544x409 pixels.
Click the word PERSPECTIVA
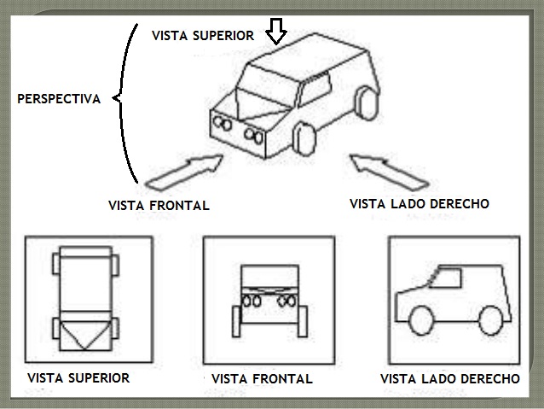(x=59, y=99)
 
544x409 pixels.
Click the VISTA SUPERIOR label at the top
(x=203, y=35)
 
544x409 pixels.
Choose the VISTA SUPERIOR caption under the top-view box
(x=78, y=377)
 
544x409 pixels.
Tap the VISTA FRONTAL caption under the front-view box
(x=262, y=379)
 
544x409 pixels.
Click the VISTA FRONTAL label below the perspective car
(x=159, y=206)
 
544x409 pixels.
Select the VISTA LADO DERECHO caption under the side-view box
(x=449, y=378)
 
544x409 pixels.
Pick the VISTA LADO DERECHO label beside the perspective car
(x=420, y=204)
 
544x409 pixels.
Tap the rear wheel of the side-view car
(x=492, y=318)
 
